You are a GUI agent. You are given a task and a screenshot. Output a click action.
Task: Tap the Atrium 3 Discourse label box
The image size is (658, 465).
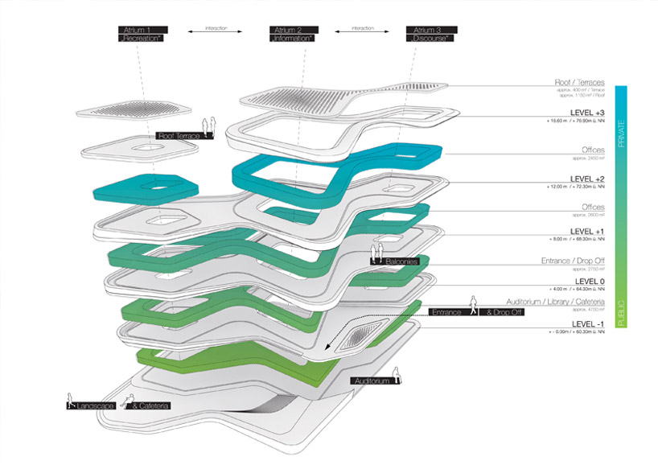(427, 34)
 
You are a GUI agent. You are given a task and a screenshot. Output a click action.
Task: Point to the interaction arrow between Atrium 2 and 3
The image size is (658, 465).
(362, 30)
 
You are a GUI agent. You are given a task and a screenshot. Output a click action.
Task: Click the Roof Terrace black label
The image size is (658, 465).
(177, 137)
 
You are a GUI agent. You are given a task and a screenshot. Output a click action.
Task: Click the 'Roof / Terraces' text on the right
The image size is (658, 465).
(579, 82)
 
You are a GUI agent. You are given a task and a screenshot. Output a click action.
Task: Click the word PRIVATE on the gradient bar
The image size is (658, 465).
(620, 134)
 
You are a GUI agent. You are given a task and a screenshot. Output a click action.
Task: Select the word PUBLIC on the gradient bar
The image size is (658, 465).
(620, 310)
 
